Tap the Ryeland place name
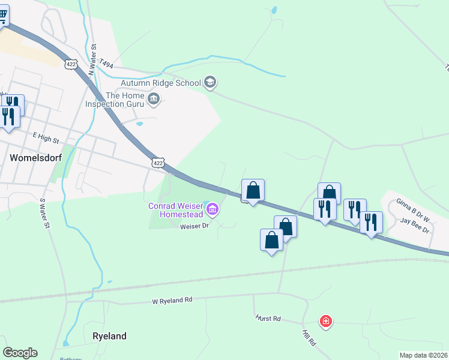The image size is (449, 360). click(x=110, y=336)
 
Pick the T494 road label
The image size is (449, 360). click(x=107, y=63)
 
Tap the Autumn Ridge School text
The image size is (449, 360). click(x=160, y=83)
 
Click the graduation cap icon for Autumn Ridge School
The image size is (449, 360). click(x=209, y=82)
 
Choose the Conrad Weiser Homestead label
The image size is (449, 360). click(x=175, y=210)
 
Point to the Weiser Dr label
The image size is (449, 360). click(x=193, y=226)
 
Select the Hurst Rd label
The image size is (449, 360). click(x=268, y=318)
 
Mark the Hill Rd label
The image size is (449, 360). click(x=309, y=337)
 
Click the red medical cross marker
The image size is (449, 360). click(x=326, y=322)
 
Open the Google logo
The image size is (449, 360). click(x=20, y=353)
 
